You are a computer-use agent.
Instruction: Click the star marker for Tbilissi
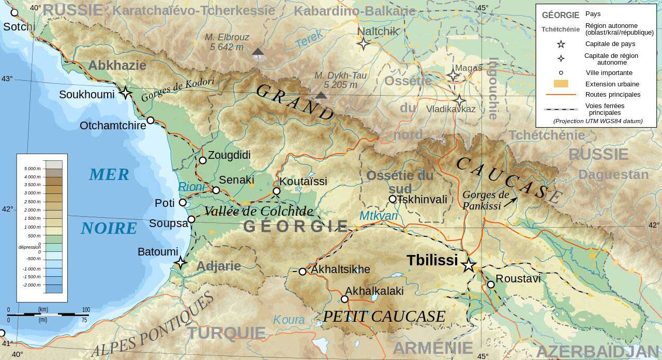click(x=469, y=265)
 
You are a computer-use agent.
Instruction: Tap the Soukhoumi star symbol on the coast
click(x=125, y=93)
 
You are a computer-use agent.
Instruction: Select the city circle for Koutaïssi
click(x=277, y=191)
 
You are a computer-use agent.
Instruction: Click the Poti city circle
click(x=183, y=202)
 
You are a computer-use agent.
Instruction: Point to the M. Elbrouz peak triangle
click(x=258, y=51)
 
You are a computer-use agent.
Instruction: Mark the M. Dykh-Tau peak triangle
click(x=321, y=95)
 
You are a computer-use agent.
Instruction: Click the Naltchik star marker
click(x=364, y=44)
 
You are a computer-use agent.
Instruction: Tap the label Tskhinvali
click(x=422, y=199)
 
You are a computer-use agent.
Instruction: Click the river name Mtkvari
click(x=379, y=216)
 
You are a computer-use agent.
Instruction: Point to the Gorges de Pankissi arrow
click(x=511, y=201)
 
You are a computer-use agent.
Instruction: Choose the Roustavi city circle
click(x=491, y=284)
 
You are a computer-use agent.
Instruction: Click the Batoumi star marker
click(x=180, y=262)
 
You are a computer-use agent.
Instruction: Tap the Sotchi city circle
click(x=14, y=12)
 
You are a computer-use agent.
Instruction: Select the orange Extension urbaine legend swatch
click(x=561, y=84)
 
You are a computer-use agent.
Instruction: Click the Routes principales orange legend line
click(x=561, y=95)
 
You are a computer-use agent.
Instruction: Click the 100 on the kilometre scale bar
click(x=86, y=310)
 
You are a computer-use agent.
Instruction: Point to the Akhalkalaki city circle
click(x=344, y=299)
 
